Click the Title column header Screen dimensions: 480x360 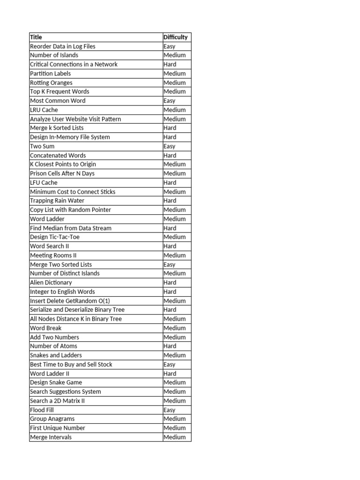[x=36, y=37]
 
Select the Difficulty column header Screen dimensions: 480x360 [x=175, y=37]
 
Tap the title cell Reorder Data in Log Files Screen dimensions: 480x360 [x=62, y=46]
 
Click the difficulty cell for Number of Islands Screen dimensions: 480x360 [x=174, y=55]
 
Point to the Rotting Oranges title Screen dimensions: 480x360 [x=51, y=82]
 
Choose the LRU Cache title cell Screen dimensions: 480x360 [x=44, y=110]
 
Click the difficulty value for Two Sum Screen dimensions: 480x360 [x=169, y=146]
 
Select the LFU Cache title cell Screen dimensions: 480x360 [x=44, y=182]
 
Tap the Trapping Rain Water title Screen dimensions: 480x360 [x=57, y=201]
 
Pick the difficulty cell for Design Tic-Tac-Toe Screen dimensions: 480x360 [x=174, y=237]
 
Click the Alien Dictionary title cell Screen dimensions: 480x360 [x=51, y=283]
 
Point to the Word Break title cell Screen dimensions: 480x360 [x=45, y=328]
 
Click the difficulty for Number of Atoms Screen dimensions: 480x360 [x=170, y=346]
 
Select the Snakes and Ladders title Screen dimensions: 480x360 [x=56, y=355]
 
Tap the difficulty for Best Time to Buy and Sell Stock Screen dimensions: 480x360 [x=169, y=364]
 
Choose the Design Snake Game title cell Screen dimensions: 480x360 [x=56, y=382]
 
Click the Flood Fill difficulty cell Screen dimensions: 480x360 [x=169, y=410]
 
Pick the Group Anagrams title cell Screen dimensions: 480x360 [x=52, y=419]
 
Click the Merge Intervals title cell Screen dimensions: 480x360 [x=51, y=437]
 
